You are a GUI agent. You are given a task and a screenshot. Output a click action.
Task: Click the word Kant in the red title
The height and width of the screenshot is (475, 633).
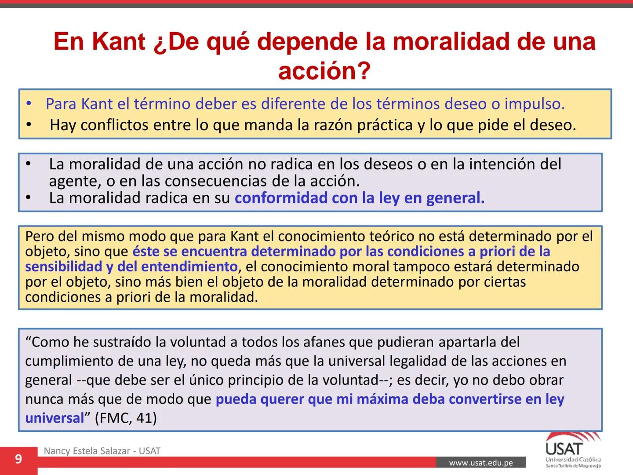[119, 42]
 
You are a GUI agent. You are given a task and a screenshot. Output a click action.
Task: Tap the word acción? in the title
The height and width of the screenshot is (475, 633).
[324, 71]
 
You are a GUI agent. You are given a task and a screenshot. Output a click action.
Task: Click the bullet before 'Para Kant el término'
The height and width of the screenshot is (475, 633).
[29, 104]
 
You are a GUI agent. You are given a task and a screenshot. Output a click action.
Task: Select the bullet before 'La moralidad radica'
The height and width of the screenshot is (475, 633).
[29, 198]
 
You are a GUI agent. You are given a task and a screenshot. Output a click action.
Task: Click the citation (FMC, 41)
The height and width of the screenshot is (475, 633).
[126, 418]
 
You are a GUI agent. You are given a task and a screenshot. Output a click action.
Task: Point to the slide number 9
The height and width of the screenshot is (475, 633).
[18, 460]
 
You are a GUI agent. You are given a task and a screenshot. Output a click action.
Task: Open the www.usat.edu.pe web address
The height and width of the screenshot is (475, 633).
[480, 463]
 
